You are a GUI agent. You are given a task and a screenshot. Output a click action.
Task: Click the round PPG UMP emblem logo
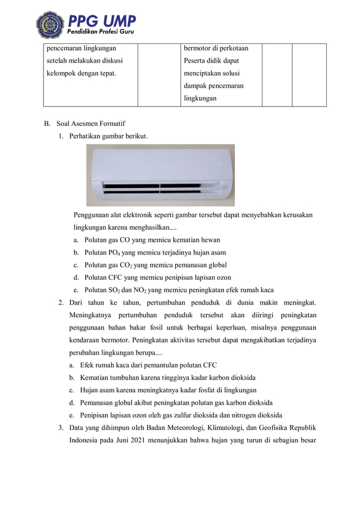[50, 24]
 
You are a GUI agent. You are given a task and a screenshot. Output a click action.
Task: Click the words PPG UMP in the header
[102, 21]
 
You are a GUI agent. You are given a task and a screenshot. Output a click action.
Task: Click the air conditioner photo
[160, 174]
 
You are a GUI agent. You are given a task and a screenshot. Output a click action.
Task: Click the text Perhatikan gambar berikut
[108, 136]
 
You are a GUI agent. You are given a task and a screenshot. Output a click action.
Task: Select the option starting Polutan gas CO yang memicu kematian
[152, 239]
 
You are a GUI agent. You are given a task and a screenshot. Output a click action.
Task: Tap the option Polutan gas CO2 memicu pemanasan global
[155, 265]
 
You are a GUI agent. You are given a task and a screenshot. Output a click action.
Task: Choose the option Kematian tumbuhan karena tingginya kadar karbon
[168, 378]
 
